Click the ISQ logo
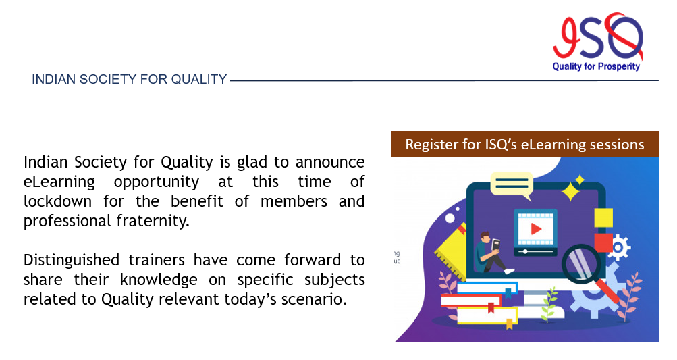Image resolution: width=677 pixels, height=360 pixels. click(x=597, y=41)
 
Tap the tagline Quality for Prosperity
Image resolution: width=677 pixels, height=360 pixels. click(x=596, y=66)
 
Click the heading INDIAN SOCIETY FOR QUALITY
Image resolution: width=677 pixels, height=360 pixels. click(x=129, y=80)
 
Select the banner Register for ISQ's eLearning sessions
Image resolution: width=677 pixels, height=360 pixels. click(x=524, y=144)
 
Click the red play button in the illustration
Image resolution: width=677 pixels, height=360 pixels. click(x=536, y=228)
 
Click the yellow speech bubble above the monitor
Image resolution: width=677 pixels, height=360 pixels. click(x=512, y=185)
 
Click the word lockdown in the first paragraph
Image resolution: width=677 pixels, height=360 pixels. click(x=57, y=201)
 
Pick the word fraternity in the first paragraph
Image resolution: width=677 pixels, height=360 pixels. click(x=153, y=221)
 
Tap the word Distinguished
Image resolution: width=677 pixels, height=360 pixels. click(x=72, y=260)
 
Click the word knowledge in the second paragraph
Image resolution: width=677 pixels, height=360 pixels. click(x=159, y=280)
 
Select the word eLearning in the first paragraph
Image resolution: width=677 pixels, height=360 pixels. click(x=59, y=182)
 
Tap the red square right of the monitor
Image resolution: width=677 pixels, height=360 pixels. click(x=603, y=243)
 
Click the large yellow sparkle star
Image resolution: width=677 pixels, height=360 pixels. click(x=570, y=191)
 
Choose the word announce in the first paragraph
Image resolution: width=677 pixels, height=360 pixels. click(x=330, y=163)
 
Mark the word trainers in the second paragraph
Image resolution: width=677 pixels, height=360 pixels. click(x=157, y=260)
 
